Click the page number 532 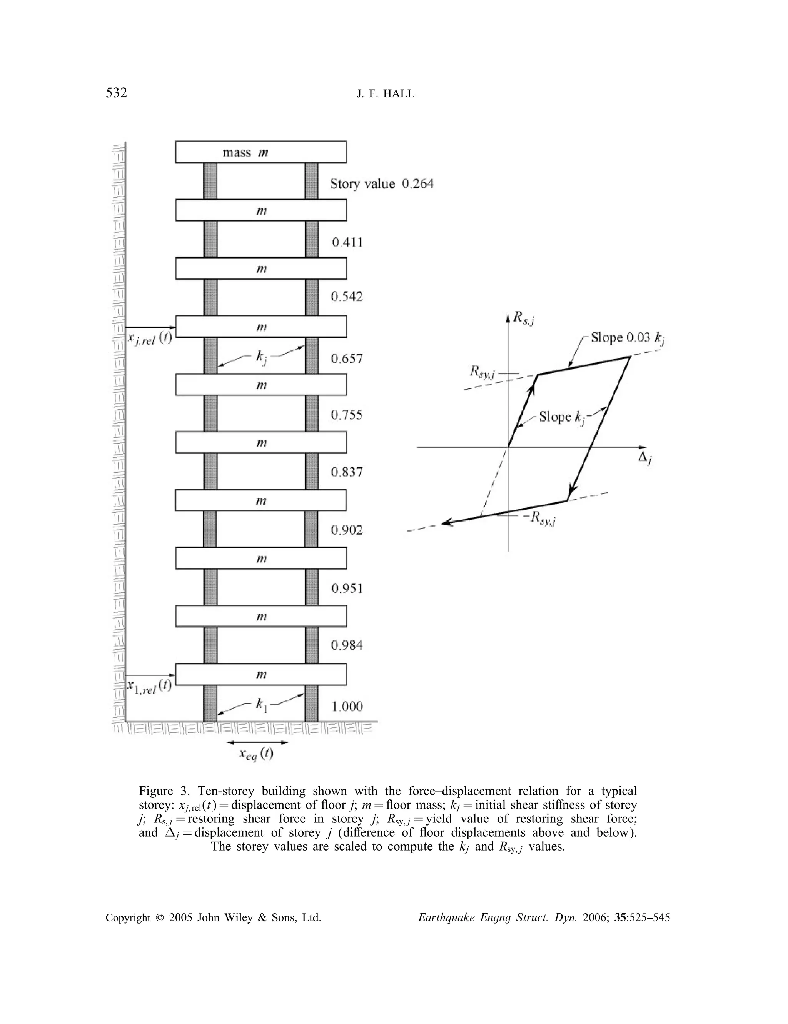point(116,93)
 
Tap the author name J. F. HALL point(385,94)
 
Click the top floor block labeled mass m point(261,152)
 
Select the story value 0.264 point(417,184)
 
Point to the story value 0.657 point(347,359)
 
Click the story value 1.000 point(347,707)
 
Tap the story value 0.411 point(347,242)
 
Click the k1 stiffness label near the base point(261,705)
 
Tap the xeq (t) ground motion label point(257,754)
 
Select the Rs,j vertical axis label point(523,319)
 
